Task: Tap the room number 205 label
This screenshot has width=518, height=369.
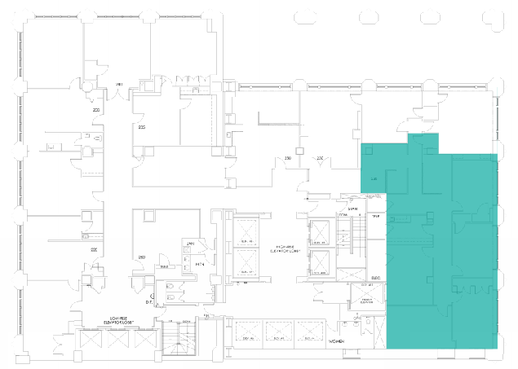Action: pos(142,127)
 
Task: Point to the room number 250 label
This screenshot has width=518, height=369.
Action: pos(142,257)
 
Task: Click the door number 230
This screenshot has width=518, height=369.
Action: pos(287,157)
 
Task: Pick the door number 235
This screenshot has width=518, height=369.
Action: pos(320,157)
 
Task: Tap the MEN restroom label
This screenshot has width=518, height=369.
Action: pos(198,265)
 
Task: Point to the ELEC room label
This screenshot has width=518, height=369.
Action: pos(376,278)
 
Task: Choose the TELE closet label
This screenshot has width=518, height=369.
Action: pos(376,216)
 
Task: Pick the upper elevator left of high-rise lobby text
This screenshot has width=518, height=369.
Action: pos(245,231)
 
